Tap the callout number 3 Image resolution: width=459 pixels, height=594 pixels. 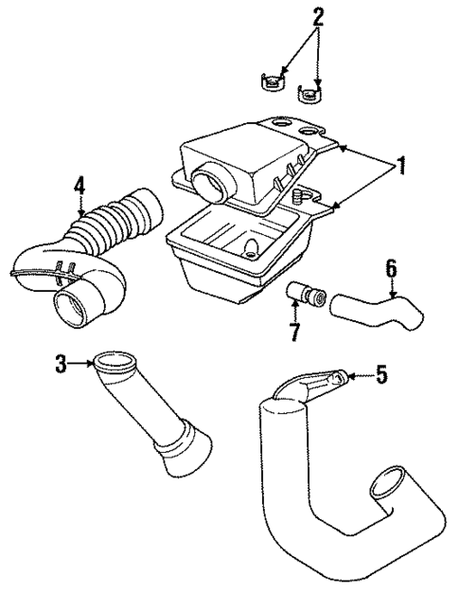click(x=61, y=364)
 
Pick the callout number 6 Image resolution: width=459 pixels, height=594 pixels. click(x=390, y=269)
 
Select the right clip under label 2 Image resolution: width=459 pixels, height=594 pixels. click(x=309, y=92)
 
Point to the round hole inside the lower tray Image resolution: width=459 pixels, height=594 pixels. click(x=253, y=249)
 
